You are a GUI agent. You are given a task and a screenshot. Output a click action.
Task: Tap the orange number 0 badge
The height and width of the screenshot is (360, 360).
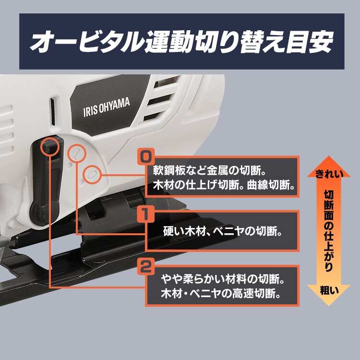tap(145, 156)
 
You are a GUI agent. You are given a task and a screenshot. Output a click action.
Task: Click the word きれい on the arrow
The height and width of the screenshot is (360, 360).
tap(329, 174)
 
